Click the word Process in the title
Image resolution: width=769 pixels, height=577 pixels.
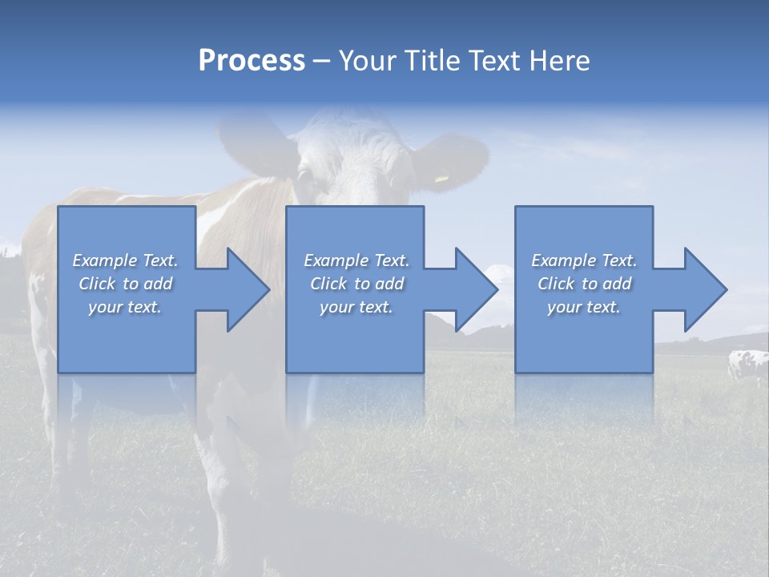[252, 61]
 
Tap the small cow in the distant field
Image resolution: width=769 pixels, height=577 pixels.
[747, 365]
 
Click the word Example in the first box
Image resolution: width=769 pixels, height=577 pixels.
[104, 260]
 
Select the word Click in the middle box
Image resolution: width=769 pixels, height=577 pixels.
[328, 284]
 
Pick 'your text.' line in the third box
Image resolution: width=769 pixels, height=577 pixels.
[584, 307]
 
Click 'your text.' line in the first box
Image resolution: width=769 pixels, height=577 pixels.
[125, 307]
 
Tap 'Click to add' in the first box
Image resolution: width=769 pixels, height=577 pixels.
[125, 284]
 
